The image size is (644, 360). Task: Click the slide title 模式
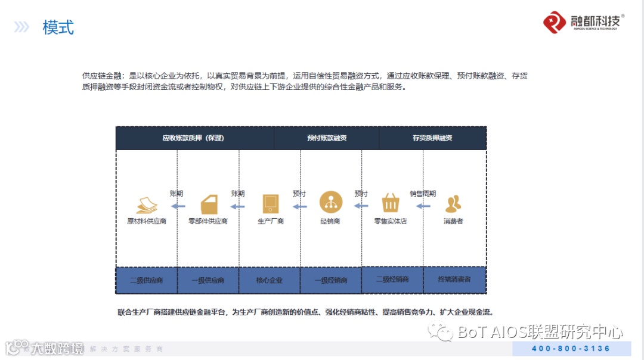coord(58,27)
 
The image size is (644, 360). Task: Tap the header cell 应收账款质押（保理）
coord(193,138)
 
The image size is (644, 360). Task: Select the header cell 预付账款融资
coord(327,138)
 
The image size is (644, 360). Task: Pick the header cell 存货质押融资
coord(432,138)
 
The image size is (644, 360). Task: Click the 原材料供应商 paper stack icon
coord(147,204)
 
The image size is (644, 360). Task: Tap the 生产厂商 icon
coord(270,204)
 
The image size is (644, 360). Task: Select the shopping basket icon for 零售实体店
coord(391,203)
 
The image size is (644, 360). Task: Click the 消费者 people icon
coord(453,204)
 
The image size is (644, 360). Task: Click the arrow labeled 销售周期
coord(423,206)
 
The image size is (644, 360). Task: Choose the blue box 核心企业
coord(270,280)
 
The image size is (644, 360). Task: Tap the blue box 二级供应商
coord(147,280)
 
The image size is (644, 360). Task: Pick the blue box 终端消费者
coord(454,279)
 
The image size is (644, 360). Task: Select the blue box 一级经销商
coord(331,280)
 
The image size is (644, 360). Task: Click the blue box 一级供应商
coord(208,280)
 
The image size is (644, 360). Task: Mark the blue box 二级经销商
coord(392,279)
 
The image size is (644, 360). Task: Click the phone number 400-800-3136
coord(571,349)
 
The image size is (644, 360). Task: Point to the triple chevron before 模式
coord(22,27)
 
